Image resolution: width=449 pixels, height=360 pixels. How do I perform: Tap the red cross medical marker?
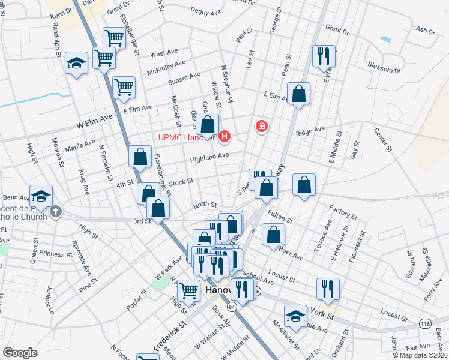[x=261, y=127]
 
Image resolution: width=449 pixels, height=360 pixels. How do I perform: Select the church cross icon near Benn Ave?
[x=56, y=211]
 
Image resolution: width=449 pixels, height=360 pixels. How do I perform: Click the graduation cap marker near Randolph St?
[x=77, y=63]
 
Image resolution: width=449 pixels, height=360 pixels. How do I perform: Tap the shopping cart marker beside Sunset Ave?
[x=124, y=87]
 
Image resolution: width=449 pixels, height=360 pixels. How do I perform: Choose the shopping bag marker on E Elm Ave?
[x=298, y=94]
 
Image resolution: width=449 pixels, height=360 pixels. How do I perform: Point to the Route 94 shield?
[x=232, y=306]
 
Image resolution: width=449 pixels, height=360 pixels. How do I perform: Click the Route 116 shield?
[x=426, y=323]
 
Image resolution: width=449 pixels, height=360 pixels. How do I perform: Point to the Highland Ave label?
[x=209, y=157]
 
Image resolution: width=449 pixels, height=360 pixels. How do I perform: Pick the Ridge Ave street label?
[x=310, y=129]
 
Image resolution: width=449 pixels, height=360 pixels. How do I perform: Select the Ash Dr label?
[x=424, y=30]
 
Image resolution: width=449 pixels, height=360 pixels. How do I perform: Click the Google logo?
[x=20, y=353]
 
